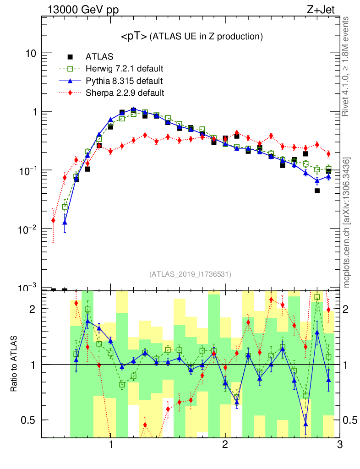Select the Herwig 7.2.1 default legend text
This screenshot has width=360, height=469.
(x=125, y=69)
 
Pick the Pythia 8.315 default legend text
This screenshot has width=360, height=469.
(x=124, y=81)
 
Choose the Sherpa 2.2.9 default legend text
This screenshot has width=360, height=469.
(x=125, y=93)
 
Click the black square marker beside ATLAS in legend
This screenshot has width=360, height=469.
(x=71, y=57)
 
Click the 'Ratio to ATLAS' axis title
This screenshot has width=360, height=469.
(x=14, y=365)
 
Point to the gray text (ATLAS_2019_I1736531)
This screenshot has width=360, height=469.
(x=190, y=274)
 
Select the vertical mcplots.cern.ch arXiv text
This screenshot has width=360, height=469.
(x=347, y=222)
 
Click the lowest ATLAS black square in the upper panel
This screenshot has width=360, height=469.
(x=317, y=191)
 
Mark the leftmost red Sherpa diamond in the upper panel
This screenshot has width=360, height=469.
(x=53, y=220)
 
